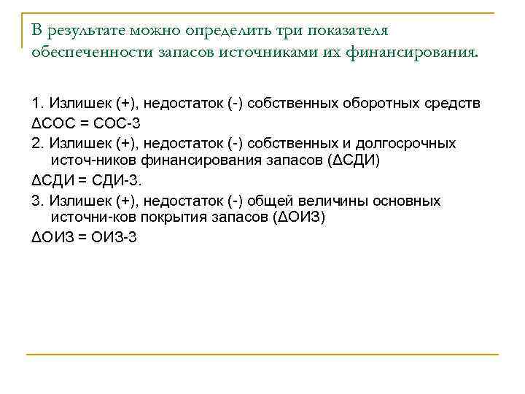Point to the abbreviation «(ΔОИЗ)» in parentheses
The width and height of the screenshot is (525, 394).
tap(304, 218)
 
